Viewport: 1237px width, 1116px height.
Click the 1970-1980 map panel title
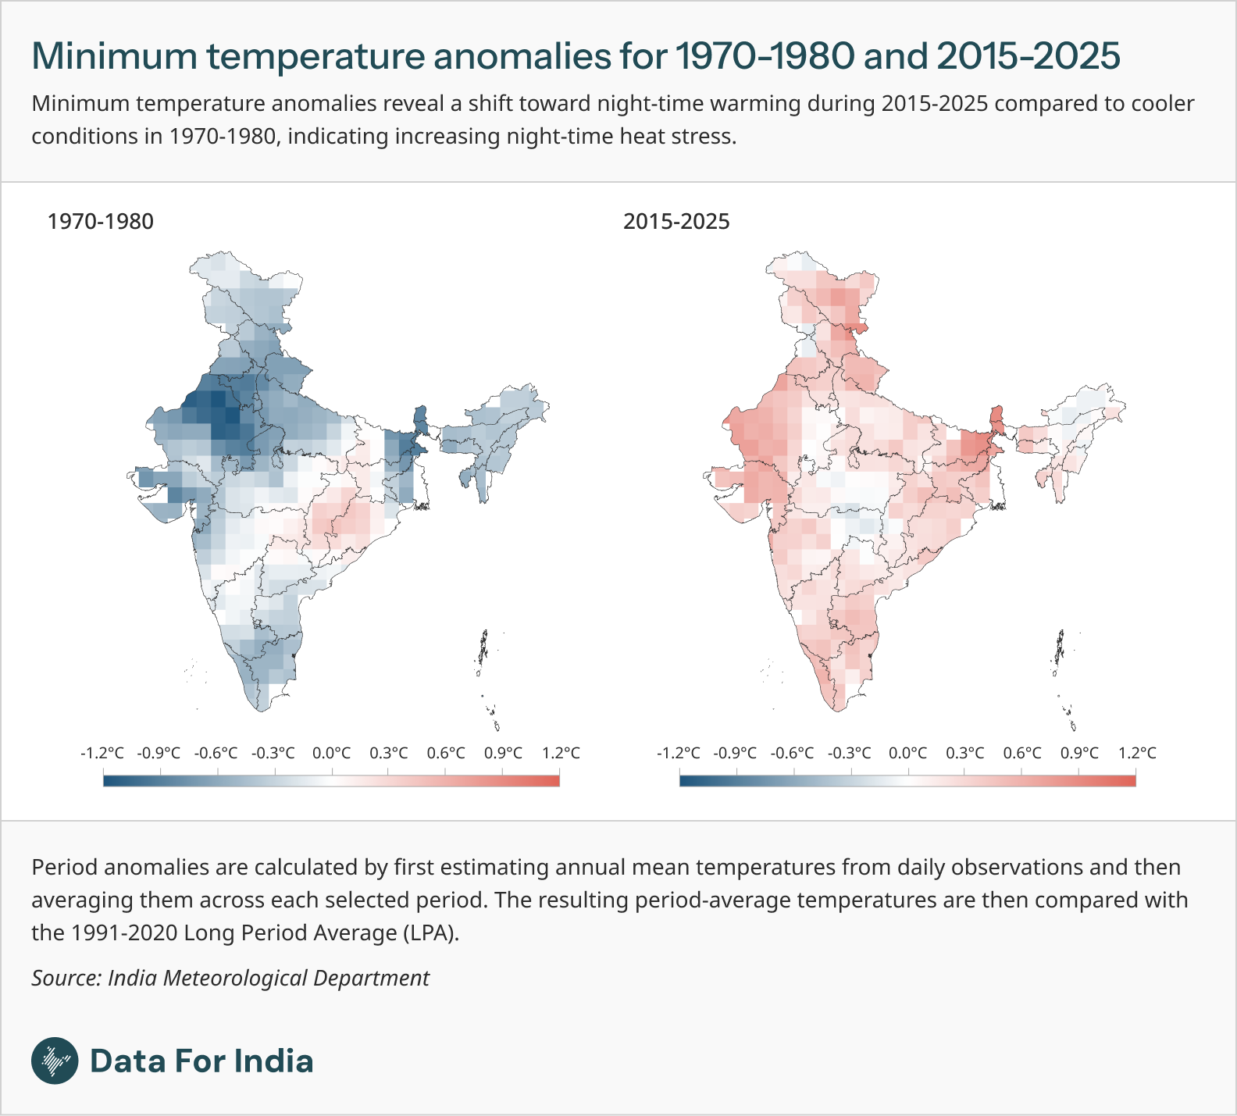click(x=101, y=222)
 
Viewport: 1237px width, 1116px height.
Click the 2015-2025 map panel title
click(x=676, y=222)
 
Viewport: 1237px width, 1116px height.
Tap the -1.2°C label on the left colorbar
click(x=102, y=753)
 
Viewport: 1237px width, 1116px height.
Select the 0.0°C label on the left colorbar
click(x=332, y=753)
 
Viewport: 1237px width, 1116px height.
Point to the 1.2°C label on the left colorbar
click(x=561, y=753)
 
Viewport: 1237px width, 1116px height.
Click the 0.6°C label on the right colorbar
click(x=1022, y=753)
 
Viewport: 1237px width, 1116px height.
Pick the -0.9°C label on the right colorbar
click(x=735, y=753)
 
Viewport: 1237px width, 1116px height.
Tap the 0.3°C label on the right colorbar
click(x=965, y=753)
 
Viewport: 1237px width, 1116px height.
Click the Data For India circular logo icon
click(x=55, y=1061)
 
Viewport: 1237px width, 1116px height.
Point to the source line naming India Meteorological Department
click(x=230, y=978)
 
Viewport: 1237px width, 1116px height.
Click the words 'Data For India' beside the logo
click(x=202, y=1061)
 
